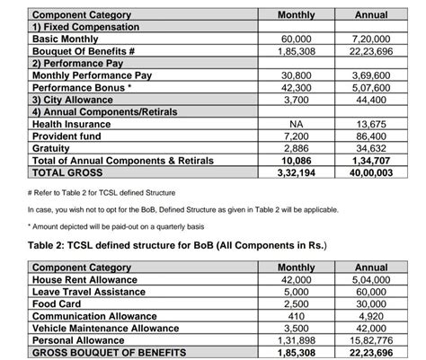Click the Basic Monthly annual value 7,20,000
(371, 40)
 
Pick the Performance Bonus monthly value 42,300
(297, 88)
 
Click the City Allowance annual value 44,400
(371, 100)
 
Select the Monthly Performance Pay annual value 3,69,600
(371, 76)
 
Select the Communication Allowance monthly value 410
(297, 317)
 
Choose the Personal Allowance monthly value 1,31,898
(297, 341)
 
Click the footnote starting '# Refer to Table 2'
(112, 193)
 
